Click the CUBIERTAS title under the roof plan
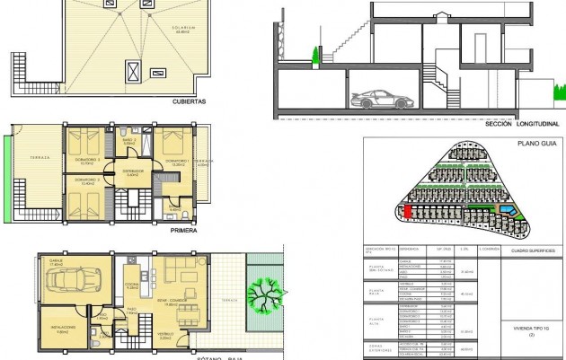click(x=190, y=101)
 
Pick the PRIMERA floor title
click(x=184, y=230)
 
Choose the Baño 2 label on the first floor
click(x=129, y=141)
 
